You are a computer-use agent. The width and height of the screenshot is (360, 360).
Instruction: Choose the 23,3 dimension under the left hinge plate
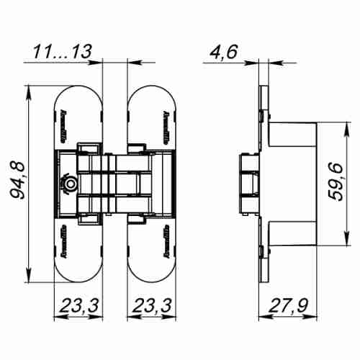click(x=79, y=307)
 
